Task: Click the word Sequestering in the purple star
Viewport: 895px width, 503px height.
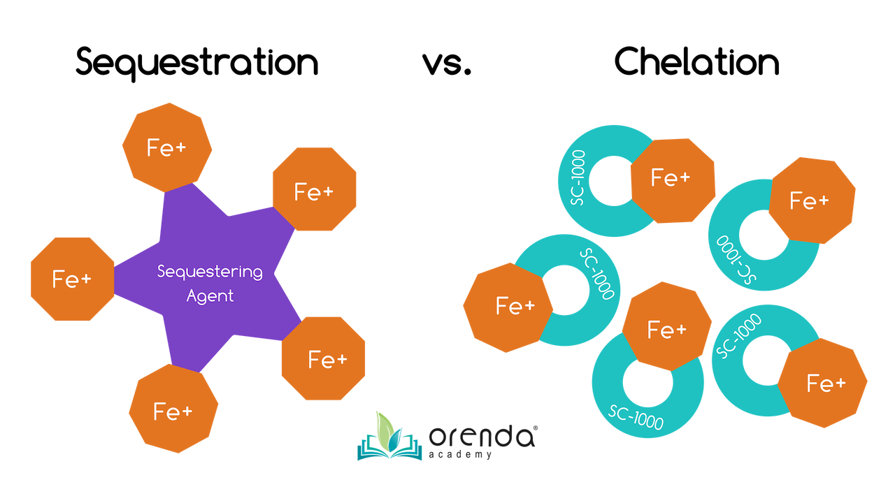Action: [210, 272]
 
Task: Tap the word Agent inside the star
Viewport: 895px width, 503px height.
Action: [210, 296]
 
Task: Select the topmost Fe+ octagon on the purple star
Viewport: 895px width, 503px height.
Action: [166, 147]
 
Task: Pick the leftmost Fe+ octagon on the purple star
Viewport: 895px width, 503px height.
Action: [72, 279]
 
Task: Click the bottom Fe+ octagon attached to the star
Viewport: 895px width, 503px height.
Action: [173, 411]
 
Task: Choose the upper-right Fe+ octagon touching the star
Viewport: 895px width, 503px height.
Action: [314, 191]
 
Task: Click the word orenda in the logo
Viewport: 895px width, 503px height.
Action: [482, 437]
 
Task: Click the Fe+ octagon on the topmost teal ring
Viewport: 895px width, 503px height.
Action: [671, 179]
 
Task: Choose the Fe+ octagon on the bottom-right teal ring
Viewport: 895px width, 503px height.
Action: [826, 384]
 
